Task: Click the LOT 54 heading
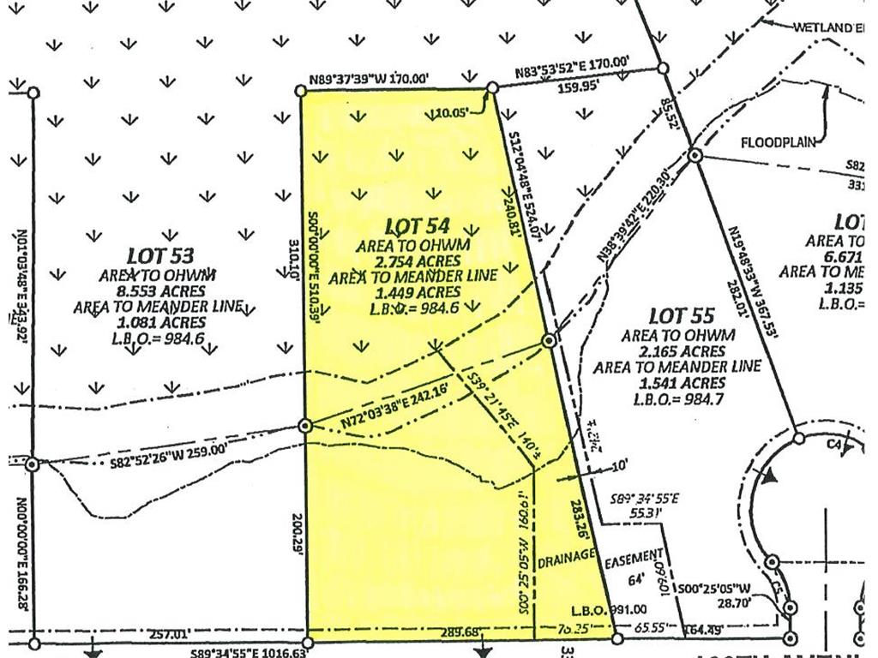click(x=418, y=227)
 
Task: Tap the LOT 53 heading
click(x=160, y=255)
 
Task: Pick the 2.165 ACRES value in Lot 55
click(x=676, y=351)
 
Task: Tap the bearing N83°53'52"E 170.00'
click(x=573, y=63)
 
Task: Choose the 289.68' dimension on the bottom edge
click(x=432, y=632)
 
